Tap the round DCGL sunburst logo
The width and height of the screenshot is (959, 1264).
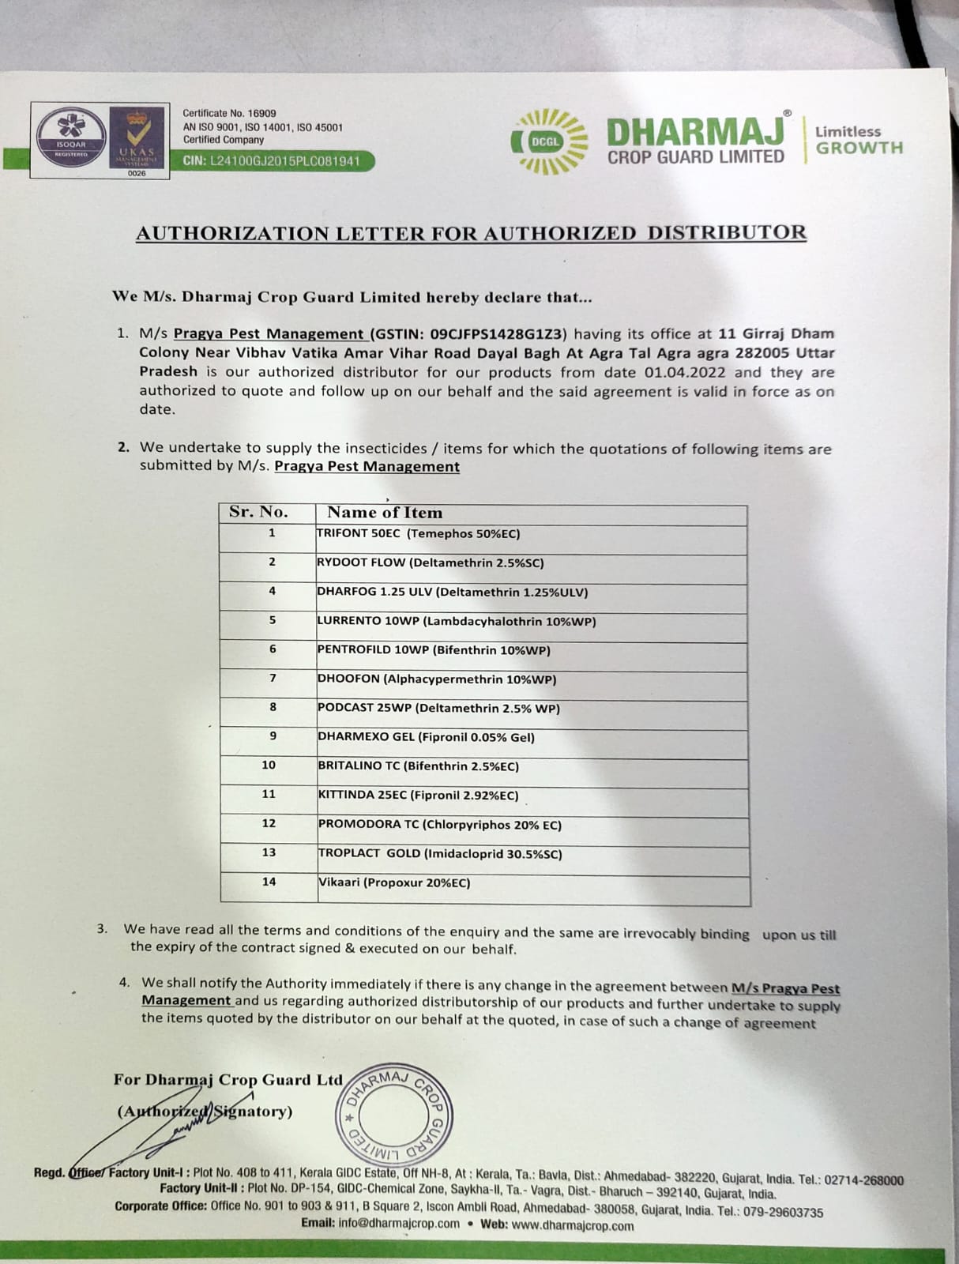click(550, 141)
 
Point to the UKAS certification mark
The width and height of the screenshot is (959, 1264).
click(137, 138)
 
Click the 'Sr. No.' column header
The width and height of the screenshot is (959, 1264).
click(258, 512)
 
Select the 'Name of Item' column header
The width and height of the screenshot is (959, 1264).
click(385, 513)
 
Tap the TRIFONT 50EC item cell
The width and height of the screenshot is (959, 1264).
click(418, 534)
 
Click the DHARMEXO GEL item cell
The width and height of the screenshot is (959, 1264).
click(426, 737)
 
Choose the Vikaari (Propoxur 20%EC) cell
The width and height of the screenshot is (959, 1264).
click(393, 882)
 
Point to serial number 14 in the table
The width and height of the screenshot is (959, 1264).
click(269, 882)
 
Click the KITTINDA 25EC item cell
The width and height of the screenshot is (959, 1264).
click(418, 796)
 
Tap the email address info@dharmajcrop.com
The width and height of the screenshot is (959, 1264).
click(399, 1224)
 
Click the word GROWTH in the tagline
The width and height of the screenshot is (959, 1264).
click(859, 148)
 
